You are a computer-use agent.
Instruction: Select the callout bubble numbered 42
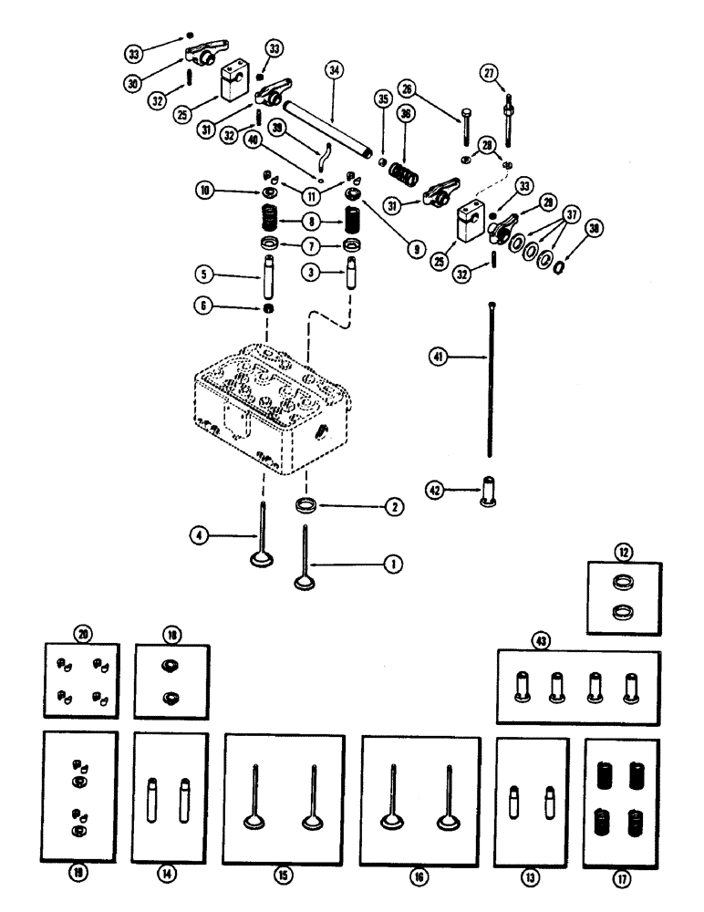coord(438,490)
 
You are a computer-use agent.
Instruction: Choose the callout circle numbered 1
coord(393,565)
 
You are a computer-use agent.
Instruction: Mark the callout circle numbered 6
coord(208,308)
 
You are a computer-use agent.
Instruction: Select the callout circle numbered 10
coord(206,192)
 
